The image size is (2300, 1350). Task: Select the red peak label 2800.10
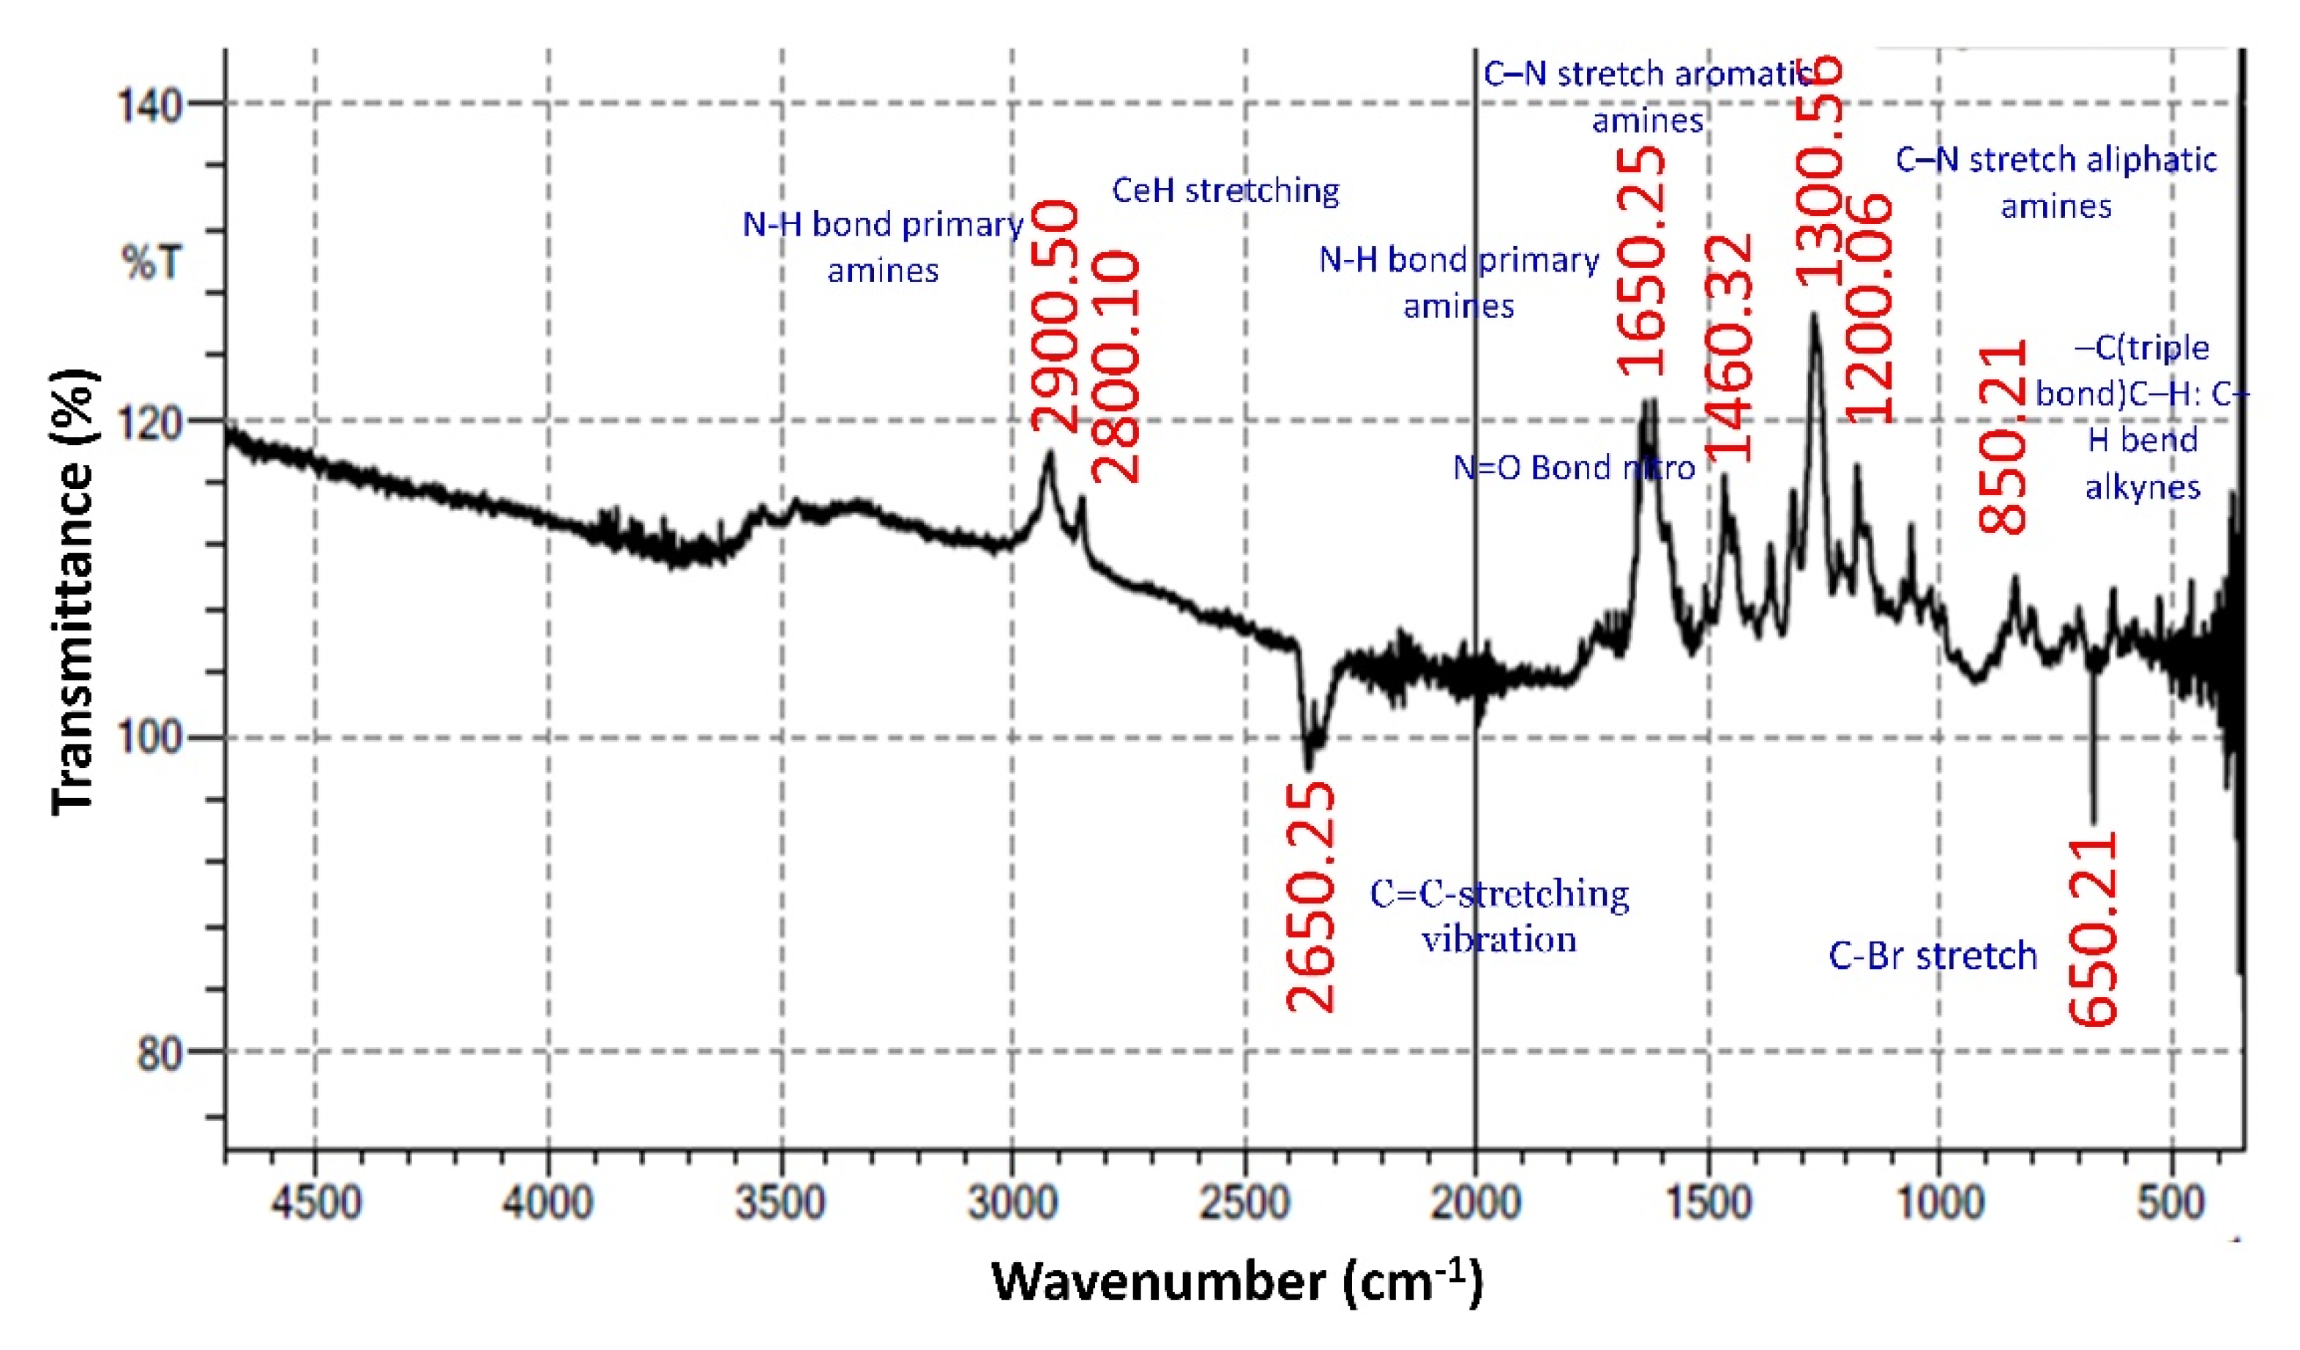point(1116,367)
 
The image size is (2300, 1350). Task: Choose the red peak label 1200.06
point(1868,308)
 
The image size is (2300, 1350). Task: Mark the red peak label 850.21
point(2004,436)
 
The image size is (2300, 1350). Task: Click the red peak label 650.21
point(2093,929)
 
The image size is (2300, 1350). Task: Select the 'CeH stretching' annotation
point(1225,191)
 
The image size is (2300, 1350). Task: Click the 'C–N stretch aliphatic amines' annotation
point(2056,182)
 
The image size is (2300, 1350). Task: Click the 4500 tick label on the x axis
point(315,1202)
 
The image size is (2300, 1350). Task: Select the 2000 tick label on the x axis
point(1475,1202)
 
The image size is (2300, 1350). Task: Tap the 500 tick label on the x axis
point(2171,1202)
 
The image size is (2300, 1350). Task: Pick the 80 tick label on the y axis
point(160,1054)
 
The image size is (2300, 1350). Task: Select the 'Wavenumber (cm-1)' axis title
point(1236,1283)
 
